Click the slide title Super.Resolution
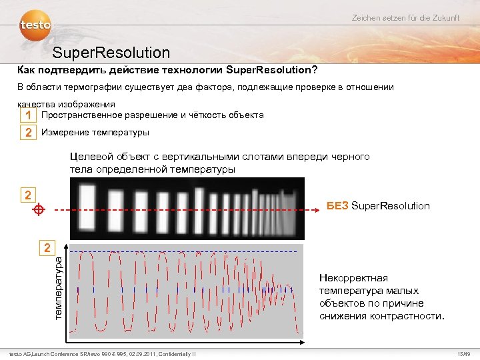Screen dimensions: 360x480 pos(111,52)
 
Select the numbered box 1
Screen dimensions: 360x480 pos(27,115)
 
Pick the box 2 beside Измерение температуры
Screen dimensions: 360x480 pos(27,133)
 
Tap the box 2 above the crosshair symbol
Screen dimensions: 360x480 pos(27,195)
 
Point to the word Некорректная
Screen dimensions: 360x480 pos(353,278)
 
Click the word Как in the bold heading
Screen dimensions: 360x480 pos(27,70)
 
